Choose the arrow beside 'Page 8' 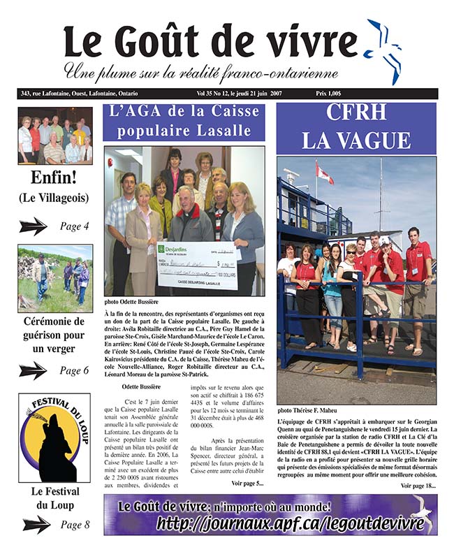[x=36, y=524]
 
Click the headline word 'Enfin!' [x=54, y=178]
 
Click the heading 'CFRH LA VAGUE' [x=356, y=128]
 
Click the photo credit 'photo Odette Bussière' [x=134, y=303]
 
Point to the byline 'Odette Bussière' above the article [x=142, y=386]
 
